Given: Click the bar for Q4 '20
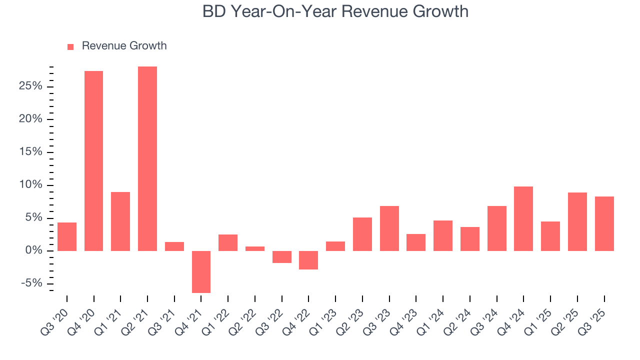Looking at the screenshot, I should coord(93,160).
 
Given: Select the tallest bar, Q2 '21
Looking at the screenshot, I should coord(147,158).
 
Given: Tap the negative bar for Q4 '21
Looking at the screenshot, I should coord(201,271).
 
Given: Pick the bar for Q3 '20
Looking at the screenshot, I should coord(67,236).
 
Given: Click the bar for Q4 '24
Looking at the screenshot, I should coord(523,218).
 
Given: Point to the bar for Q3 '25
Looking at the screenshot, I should coord(604,223).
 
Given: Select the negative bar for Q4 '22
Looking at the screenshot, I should coord(308,260).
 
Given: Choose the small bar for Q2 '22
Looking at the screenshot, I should coord(255,248).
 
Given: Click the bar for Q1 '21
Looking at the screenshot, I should coord(120,221).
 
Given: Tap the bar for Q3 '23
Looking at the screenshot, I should coord(389,228).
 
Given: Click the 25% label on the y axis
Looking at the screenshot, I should coord(30,86).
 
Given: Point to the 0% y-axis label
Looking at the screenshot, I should coord(33,250).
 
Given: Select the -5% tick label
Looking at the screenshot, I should coord(31,283).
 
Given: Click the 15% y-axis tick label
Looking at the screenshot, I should coord(30,152).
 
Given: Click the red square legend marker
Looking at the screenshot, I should coord(70,46).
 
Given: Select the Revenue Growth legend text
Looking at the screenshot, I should coord(124,46).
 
